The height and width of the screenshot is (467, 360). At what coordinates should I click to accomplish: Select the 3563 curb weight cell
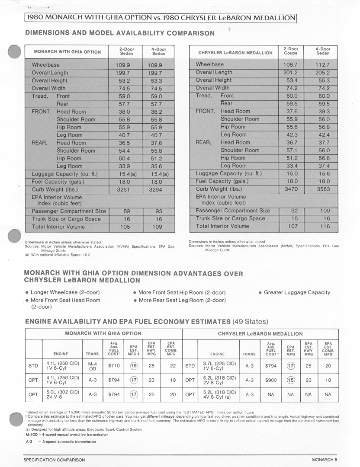(323, 189)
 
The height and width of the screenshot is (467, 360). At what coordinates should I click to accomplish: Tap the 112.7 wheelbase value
(323, 64)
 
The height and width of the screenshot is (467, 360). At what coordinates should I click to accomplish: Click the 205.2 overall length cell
(323, 73)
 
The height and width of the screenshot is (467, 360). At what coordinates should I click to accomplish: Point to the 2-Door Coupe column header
(291, 51)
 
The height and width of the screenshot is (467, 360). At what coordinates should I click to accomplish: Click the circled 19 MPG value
(134, 366)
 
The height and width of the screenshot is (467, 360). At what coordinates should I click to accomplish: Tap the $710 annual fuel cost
(114, 366)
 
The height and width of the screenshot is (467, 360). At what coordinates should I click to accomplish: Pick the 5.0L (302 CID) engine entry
(63, 394)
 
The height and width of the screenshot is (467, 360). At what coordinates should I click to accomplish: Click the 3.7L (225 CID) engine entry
(219, 366)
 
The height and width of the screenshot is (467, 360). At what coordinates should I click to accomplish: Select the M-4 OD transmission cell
(93, 366)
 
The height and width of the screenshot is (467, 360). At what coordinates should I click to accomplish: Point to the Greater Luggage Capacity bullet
(297, 292)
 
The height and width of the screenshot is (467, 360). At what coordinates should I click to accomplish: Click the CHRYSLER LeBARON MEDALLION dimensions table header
(235, 53)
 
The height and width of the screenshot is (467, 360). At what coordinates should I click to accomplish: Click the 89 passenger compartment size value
(126, 211)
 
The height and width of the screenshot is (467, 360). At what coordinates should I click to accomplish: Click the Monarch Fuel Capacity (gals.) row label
(58, 182)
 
